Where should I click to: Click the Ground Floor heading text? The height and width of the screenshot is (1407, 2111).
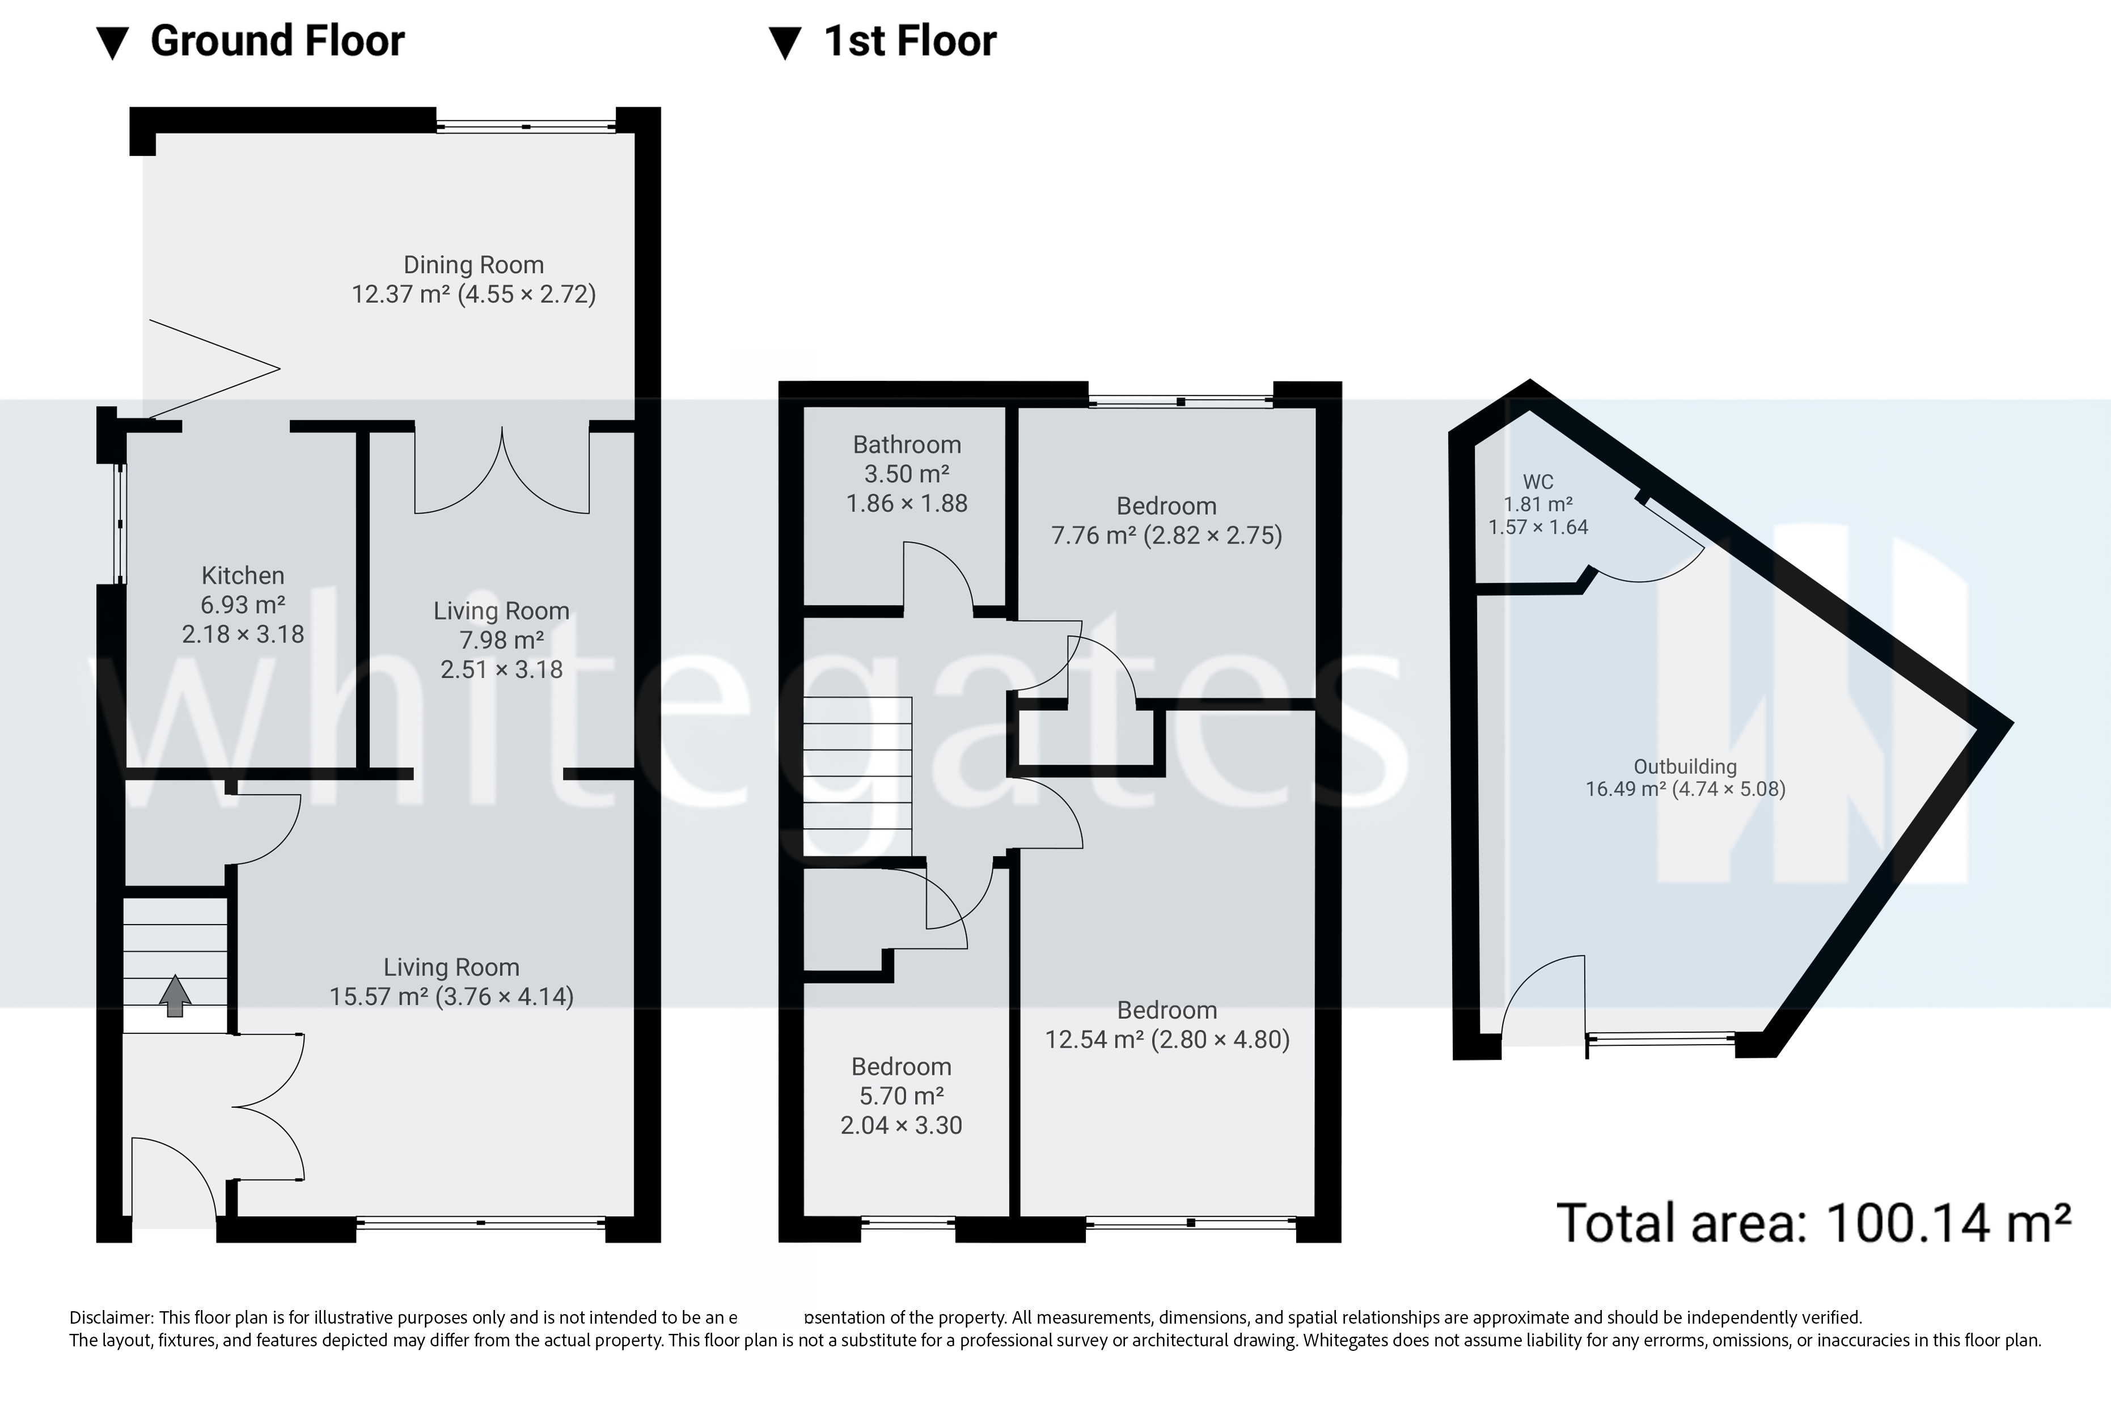[277, 42]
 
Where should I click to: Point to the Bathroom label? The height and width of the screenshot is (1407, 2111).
[907, 445]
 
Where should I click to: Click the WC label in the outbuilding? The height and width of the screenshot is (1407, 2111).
[1538, 482]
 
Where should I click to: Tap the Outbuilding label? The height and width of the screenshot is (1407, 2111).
[1685, 767]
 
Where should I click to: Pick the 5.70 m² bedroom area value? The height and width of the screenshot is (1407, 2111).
[901, 1096]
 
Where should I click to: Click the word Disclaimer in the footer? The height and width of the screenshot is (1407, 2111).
[111, 1318]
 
